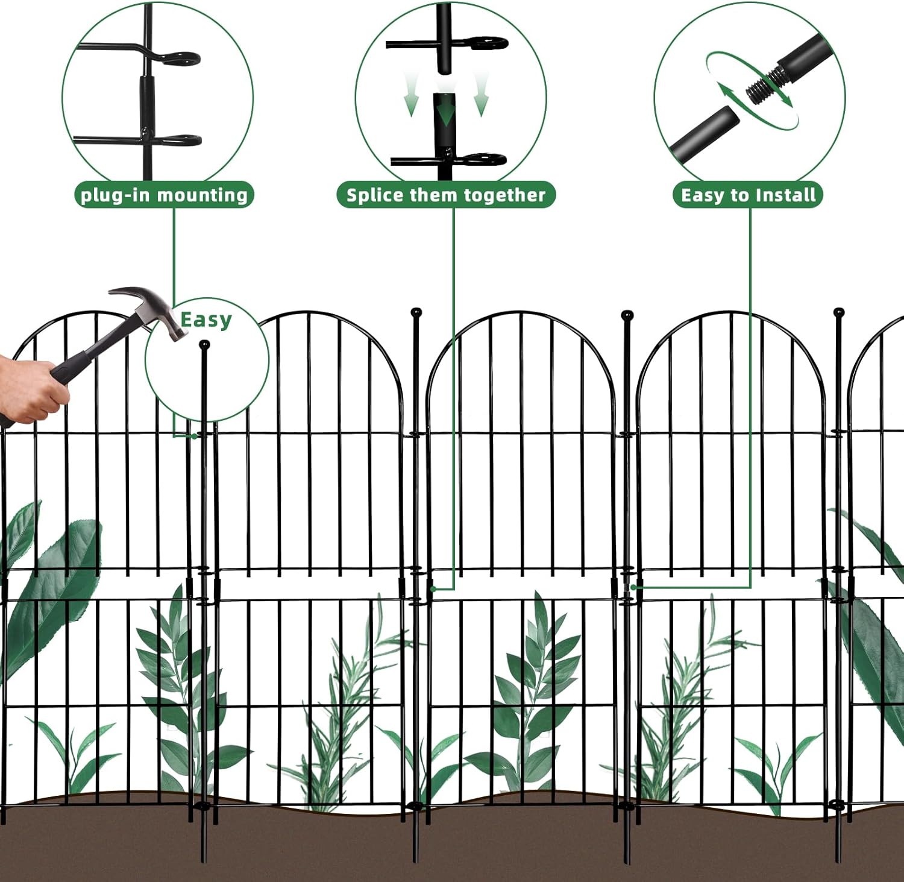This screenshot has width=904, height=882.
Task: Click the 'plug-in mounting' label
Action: (164, 195)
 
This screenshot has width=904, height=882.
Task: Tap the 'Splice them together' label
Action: (445, 195)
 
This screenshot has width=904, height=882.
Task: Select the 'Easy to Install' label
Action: (748, 195)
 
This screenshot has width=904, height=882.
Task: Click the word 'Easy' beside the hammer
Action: (206, 320)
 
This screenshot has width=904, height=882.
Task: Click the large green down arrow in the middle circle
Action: (445, 112)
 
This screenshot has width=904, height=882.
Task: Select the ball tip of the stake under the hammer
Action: (204, 345)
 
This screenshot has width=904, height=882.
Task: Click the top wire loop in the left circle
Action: (181, 58)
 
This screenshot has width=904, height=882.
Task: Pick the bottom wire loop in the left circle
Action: (181, 140)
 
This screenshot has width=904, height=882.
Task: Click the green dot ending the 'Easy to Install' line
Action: (633, 587)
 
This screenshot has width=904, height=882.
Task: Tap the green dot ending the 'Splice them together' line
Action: (433, 588)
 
